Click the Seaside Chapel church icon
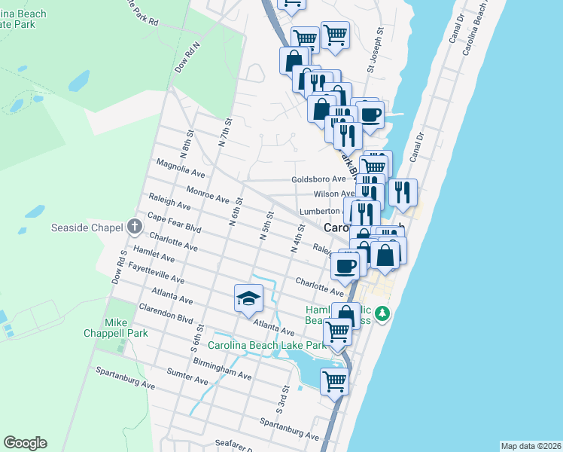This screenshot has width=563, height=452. (134, 226)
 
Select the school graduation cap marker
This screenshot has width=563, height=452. (248, 299)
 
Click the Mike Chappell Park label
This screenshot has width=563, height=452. (126, 327)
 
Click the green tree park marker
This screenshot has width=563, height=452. (383, 313)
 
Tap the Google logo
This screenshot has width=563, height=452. (25, 443)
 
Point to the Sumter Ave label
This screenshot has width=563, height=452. (187, 376)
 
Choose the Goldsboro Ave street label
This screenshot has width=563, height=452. (318, 179)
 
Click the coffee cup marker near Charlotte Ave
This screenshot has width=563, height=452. (345, 265)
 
